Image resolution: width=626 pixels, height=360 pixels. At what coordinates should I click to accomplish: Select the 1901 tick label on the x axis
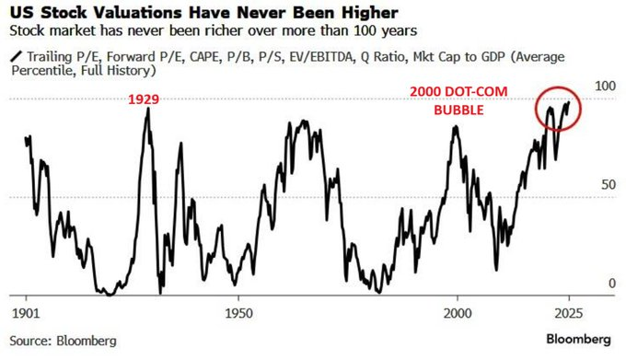tap(25, 309)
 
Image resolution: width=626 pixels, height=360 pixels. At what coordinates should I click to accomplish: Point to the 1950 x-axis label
tap(238, 309)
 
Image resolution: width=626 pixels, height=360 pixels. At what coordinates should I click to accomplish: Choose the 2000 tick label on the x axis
tap(458, 309)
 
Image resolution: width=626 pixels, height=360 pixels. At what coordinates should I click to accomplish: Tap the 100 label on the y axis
tap(605, 85)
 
